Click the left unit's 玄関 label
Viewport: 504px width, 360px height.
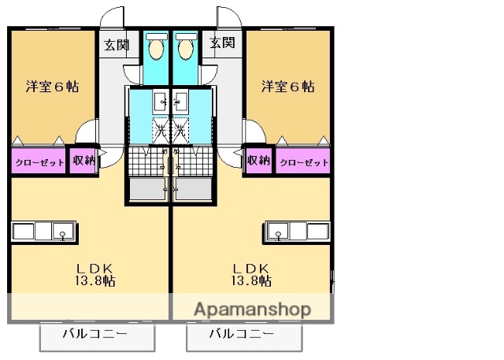point(117,44)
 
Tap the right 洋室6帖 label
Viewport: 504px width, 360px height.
point(288,87)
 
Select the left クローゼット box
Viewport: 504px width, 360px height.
point(38,161)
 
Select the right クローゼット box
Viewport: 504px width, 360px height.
point(302,161)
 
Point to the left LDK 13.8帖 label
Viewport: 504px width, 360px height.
point(94,273)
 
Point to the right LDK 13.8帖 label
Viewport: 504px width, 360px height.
point(251,273)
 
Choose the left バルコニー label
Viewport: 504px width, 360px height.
point(97,334)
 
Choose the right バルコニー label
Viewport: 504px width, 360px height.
point(243,334)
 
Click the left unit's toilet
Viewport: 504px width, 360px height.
point(156,48)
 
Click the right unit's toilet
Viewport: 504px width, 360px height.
point(185,48)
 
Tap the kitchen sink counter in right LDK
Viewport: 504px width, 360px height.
point(297,232)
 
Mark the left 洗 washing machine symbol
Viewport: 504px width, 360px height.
point(160,130)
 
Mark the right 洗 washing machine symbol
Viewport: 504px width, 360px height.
point(181,130)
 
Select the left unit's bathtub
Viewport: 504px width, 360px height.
point(148,190)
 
